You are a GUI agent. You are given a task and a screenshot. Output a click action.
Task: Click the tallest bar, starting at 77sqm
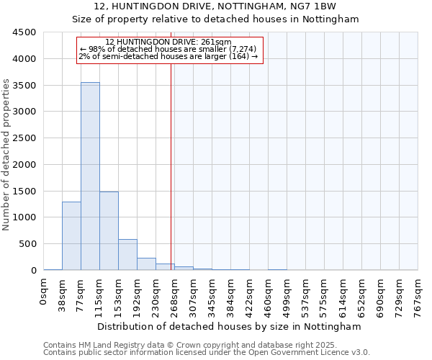point(90,176)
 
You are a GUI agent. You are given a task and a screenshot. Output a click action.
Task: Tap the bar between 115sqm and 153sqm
point(109,231)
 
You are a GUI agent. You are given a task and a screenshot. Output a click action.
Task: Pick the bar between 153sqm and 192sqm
point(127,255)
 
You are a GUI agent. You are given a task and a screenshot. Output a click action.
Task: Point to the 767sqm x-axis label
point(418,297)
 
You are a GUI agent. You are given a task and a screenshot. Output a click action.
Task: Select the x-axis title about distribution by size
point(230,326)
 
